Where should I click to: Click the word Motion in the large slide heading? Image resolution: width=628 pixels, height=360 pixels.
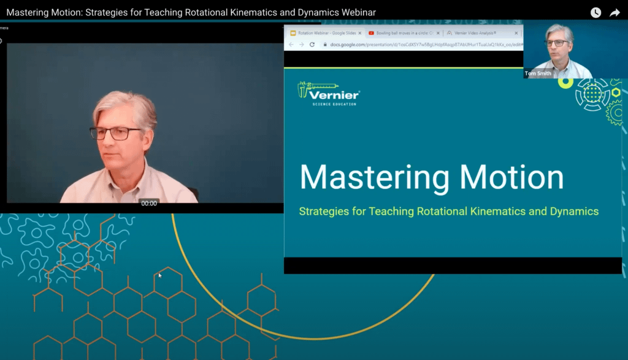click(511, 177)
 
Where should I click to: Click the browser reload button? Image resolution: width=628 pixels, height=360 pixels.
click(312, 45)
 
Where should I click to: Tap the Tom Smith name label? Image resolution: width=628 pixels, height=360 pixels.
click(538, 74)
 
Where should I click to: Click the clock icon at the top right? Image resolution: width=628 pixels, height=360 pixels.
click(595, 12)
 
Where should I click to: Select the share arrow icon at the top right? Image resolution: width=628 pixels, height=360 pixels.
click(615, 12)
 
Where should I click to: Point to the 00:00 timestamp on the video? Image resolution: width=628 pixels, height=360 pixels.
click(149, 203)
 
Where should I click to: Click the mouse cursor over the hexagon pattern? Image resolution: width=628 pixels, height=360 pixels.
click(160, 275)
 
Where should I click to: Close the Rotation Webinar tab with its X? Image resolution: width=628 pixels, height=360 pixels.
click(360, 33)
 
